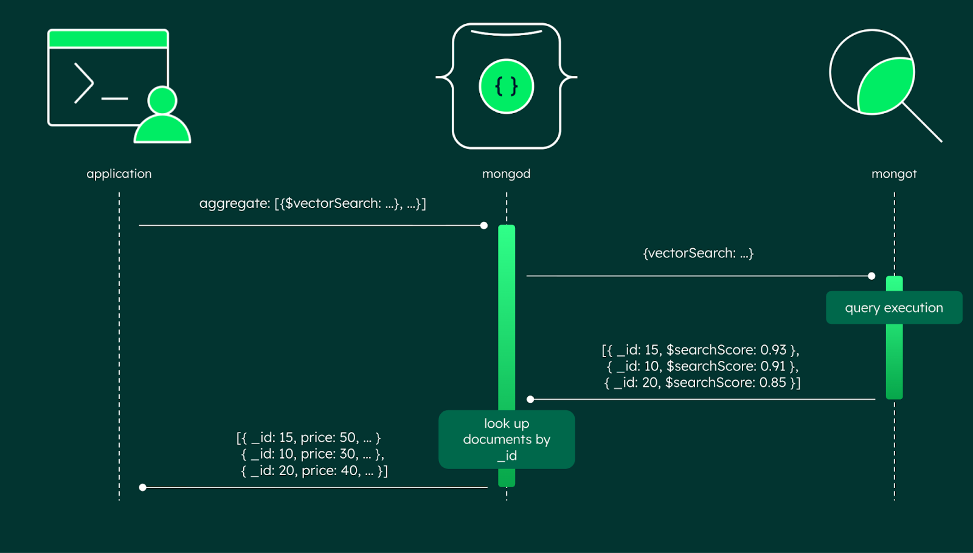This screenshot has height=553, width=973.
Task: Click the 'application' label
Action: (119, 174)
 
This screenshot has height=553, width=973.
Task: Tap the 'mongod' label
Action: (506, 174)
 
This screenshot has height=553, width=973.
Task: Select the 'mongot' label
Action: (893, 174)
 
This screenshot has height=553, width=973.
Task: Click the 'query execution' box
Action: (893, 308)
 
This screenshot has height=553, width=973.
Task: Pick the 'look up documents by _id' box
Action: (506, 439)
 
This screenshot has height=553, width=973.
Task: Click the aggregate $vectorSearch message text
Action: (312, 204)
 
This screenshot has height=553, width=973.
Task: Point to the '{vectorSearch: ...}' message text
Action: (698, 253)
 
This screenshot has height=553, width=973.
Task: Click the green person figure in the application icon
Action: (162, 119)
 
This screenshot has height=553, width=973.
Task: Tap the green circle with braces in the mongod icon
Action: (506, 86)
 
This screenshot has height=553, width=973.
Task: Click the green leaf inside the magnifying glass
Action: (885, 86)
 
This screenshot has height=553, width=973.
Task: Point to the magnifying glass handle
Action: (923, 123)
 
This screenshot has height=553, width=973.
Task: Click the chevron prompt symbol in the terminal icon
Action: (84, 83)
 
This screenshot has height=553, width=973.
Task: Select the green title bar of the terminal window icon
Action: (108, 40)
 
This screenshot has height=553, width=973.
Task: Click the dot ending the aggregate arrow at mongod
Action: (483, 226)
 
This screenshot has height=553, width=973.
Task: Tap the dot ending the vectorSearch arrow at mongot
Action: (871, 276)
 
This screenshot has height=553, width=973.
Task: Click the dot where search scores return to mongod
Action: (530, 399)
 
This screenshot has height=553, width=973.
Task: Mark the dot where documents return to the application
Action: (142, 487)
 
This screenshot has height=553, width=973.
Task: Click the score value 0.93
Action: (773, 350)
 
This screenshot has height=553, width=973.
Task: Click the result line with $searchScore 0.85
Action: (702, 383)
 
